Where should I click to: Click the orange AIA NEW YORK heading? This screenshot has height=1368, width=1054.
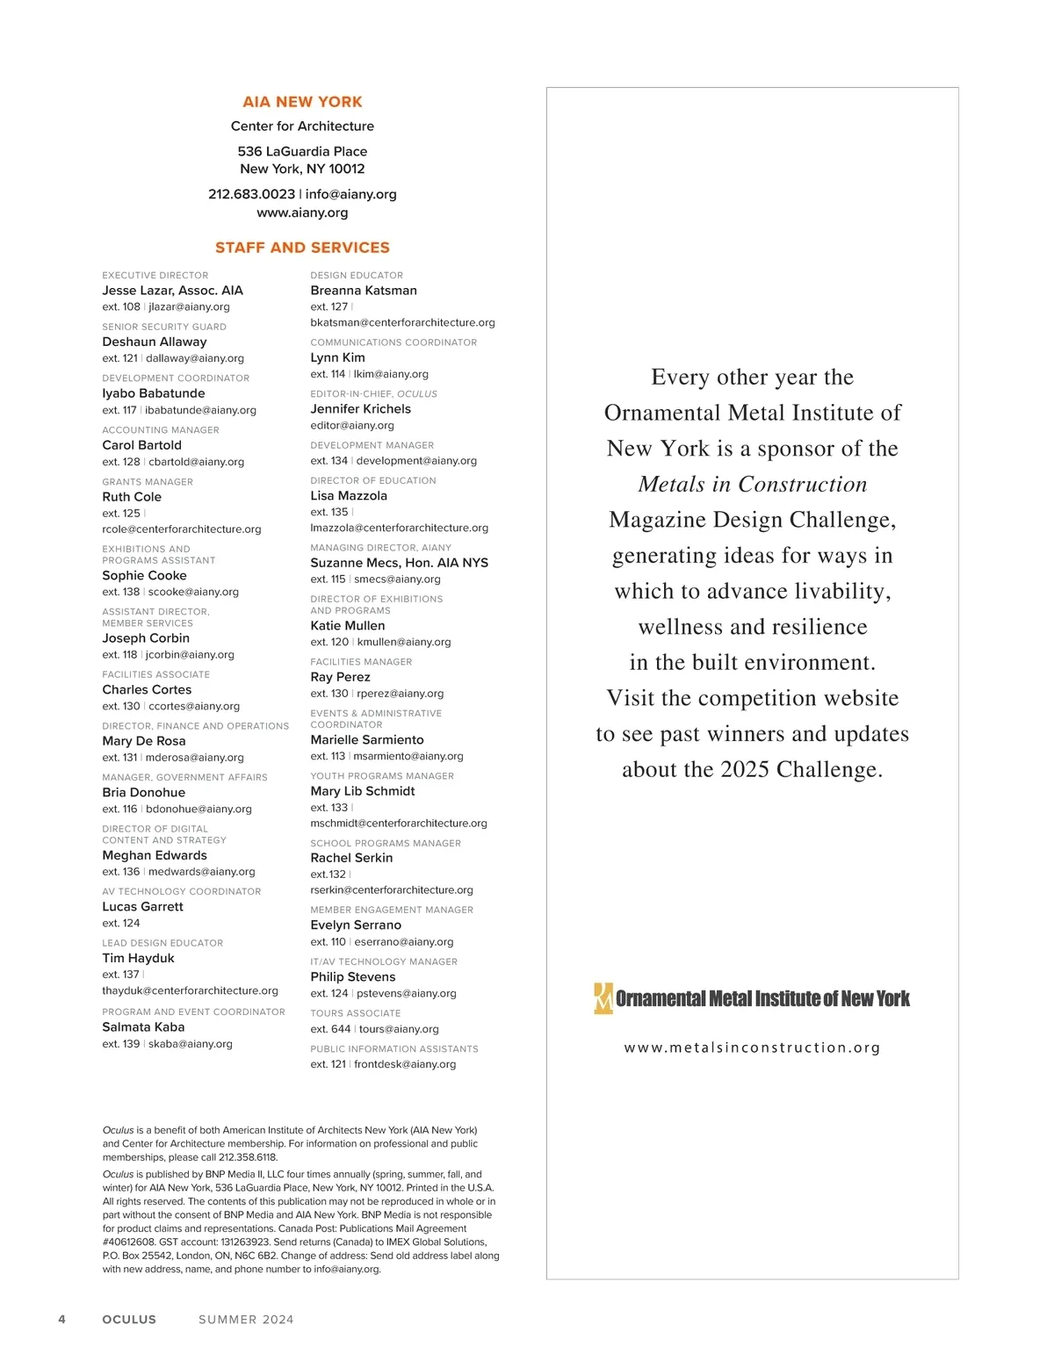302,102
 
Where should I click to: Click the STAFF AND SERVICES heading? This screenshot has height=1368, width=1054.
302,248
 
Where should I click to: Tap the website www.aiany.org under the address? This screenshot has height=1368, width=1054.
302,212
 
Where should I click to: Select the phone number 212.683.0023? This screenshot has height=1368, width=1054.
251,194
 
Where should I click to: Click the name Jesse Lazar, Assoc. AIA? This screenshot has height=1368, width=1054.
172,291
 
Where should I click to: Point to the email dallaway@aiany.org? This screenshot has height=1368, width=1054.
195,358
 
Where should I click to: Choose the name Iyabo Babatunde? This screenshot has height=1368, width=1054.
154,393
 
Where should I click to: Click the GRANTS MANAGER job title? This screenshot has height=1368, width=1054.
148,482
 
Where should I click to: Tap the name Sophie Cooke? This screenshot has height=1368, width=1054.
144,576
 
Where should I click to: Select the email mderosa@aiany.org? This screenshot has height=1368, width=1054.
195,758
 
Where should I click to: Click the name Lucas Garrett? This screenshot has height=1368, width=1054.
142,907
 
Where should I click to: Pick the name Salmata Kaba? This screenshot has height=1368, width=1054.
143,1027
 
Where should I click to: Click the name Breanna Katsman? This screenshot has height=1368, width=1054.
364,291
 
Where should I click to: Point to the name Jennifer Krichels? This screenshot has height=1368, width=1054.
360,409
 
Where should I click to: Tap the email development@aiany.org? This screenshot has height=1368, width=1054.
416,461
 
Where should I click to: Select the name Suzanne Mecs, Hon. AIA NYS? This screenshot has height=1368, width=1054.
399,563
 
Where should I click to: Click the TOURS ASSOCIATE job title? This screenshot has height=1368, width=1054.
355,1013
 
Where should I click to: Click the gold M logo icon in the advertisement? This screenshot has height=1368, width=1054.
603,998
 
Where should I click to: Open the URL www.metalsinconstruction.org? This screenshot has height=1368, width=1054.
752,1048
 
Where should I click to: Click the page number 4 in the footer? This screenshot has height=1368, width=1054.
61,1320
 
